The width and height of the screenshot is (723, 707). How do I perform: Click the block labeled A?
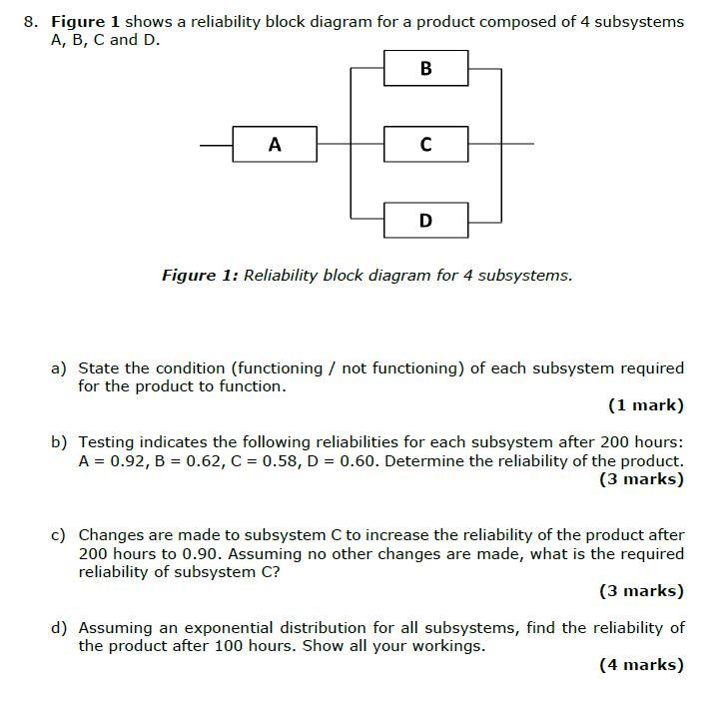tap(275, 145)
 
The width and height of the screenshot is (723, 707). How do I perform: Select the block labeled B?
tap(425, 69)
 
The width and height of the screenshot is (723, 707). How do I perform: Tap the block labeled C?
tap(425, 145)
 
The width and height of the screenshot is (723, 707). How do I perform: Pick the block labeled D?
tap(425, 220)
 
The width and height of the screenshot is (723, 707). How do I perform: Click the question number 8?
tap(31, 21)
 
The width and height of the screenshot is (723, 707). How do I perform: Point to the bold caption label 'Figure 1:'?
tap(200, 275)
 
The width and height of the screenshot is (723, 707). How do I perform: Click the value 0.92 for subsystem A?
tap(117, 460)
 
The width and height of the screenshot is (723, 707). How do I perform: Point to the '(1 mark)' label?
tap(645, 404)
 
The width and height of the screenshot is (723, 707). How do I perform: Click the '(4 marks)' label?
tap(641, 664)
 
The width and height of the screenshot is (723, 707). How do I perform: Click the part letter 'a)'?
tap(59, 368)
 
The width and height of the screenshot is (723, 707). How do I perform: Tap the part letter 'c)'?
tap(59, 535)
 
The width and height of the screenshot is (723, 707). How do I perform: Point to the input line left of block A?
tap(216, 145)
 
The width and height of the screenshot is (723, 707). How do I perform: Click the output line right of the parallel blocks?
tap(516, 145)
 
